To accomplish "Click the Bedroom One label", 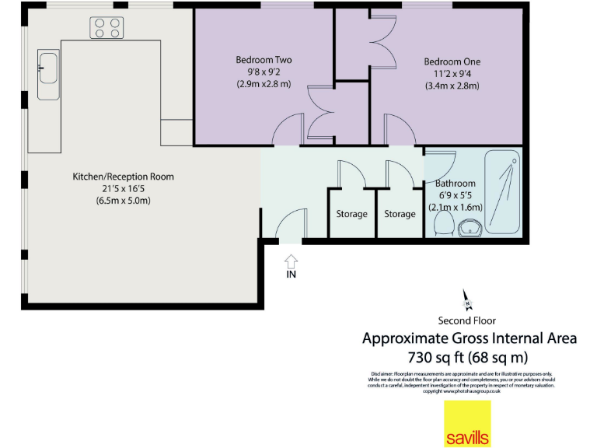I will coord(452,61).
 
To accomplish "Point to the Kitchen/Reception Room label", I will coord(123,177).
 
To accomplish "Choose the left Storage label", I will coord(351,214).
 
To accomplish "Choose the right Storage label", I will coord(400,214).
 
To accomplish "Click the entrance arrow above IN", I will coord(292,260).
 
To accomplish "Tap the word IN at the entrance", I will coord(292,274).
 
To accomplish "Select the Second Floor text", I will coord(467,320).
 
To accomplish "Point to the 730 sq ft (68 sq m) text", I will coord(468,358).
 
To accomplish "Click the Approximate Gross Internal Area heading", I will coord(470,338).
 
